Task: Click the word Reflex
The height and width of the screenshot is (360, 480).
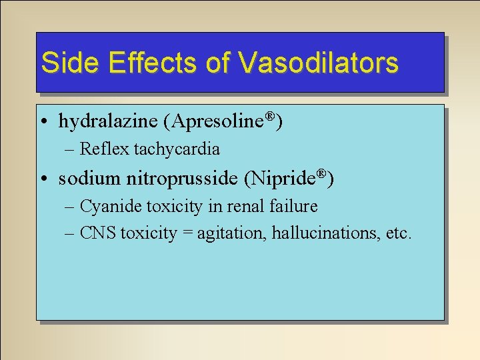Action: click(105, 149)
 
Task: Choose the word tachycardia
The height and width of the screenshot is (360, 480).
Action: click(177, 149)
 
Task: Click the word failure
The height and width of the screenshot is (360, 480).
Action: click(294, 207)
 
